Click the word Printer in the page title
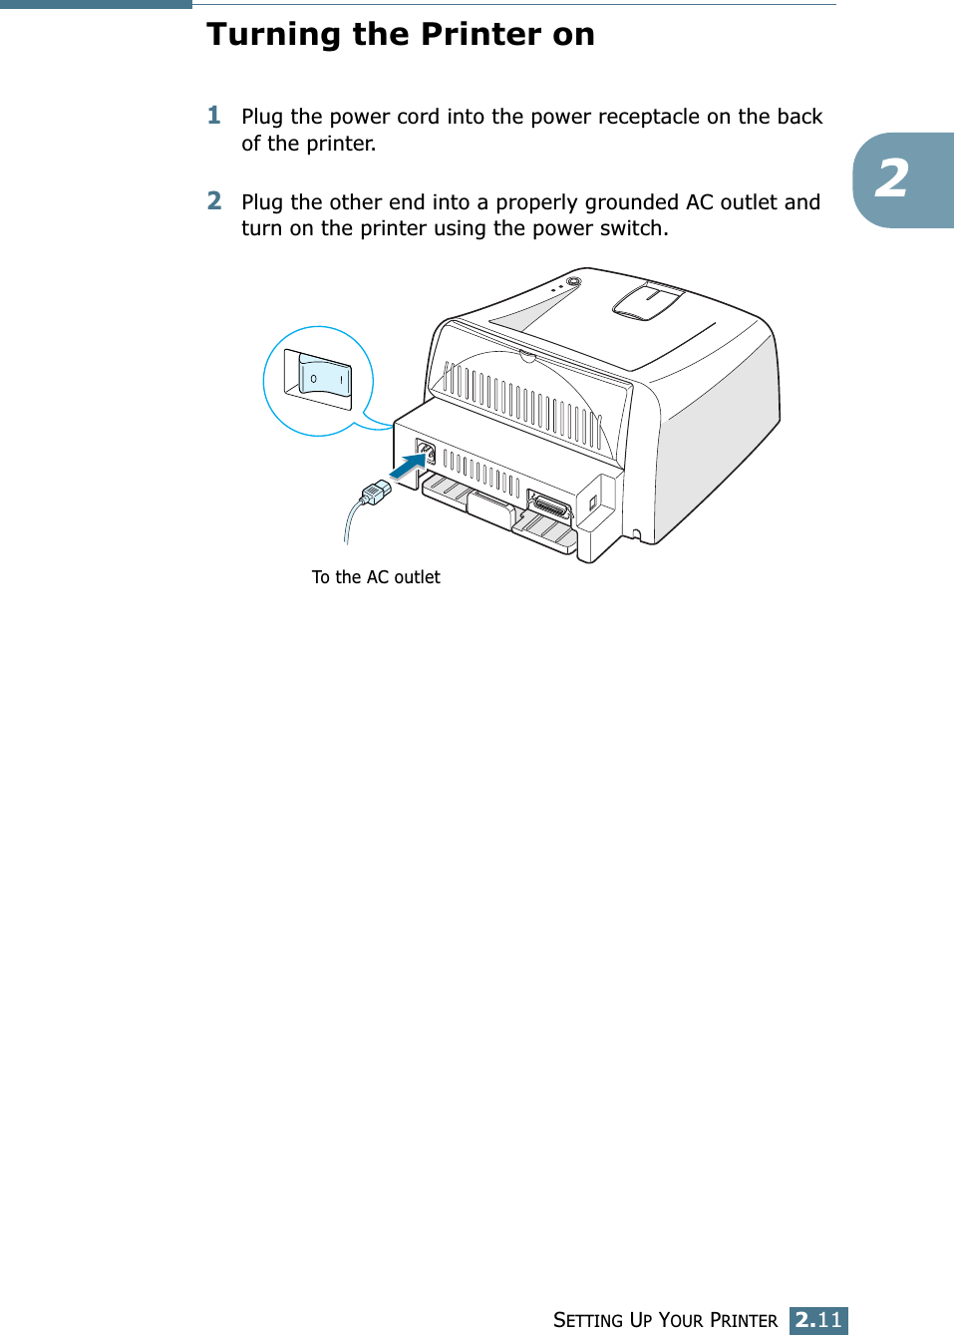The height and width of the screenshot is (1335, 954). (481, 34)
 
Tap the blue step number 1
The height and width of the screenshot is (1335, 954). (214, 116)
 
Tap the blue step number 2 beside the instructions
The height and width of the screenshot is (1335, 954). (214, 201)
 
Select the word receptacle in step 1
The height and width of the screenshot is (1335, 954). (649, 117)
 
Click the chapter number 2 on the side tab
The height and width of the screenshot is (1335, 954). (892, 179)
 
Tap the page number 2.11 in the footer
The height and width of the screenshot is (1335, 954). (818, 1320)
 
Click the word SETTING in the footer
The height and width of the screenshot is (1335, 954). (588, 1320)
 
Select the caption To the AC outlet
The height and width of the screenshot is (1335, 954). (376, 577)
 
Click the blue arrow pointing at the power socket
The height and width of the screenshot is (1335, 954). (406, 466)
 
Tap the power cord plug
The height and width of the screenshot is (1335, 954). (375, 492)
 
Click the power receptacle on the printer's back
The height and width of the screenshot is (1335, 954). (426, 454)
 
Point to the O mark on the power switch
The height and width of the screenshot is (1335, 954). (314, 379)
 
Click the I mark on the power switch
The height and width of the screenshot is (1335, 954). (341, 380)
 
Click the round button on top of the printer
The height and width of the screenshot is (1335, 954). (573, 282)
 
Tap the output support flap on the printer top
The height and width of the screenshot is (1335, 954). (647, 299)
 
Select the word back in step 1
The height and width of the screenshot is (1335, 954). (799, 117)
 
